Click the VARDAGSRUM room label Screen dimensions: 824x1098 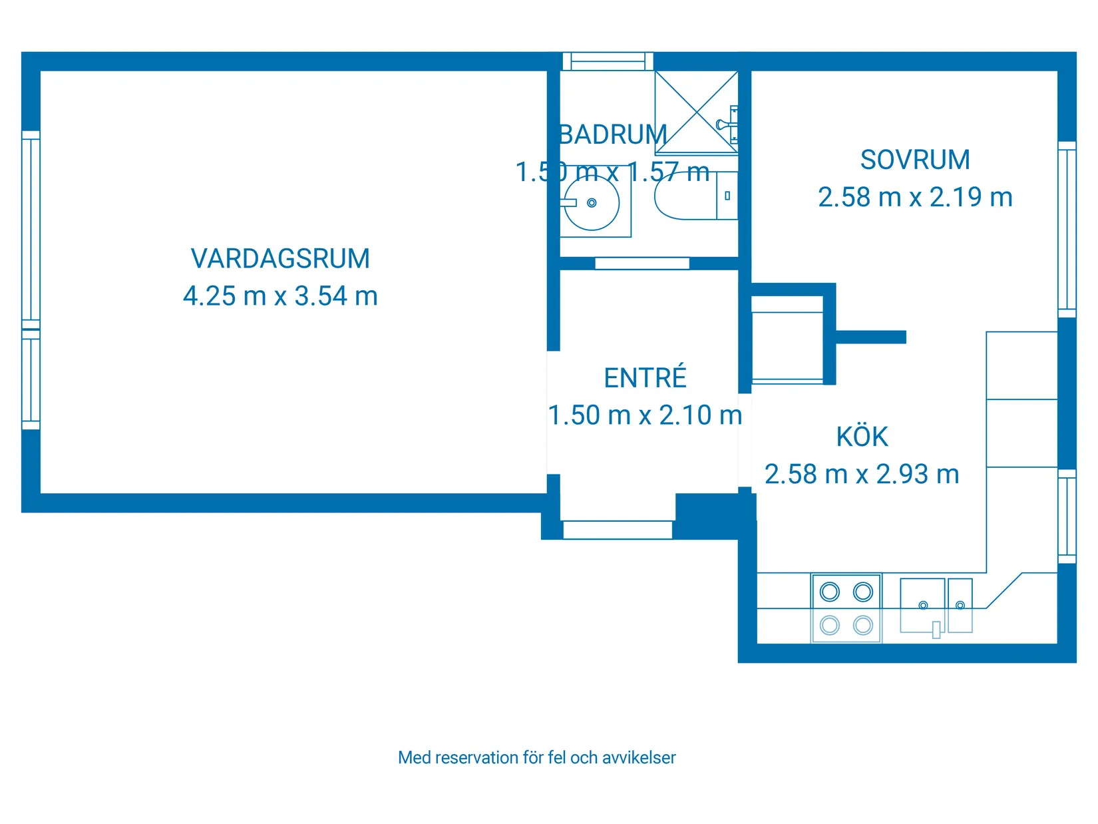(280, 259)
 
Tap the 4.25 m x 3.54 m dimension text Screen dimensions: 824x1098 (280, 296)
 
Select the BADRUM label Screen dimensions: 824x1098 (613, 135)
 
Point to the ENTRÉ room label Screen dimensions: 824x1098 (645, 378)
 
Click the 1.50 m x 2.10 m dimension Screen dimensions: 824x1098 (645, 415)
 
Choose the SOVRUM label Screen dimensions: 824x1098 (915, 160)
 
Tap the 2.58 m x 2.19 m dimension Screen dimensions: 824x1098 (915, 198)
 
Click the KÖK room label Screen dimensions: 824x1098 (862, 437)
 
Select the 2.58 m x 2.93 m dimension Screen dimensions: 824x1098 (862, 475)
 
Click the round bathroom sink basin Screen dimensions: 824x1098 (592, 203)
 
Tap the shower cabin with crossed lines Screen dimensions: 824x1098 (696, 112)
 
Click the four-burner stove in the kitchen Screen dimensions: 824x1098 (846, 608)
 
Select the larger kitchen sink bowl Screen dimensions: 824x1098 (922, 604)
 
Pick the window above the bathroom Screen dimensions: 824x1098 (608, 61)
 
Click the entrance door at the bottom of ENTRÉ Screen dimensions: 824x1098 (618, 530)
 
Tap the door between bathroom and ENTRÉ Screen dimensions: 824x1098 (642, 264)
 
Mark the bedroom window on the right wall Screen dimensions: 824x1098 (1067, 229)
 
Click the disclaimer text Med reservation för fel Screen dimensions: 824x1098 (536, 757)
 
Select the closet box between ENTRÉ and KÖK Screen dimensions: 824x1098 (787, 339)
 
